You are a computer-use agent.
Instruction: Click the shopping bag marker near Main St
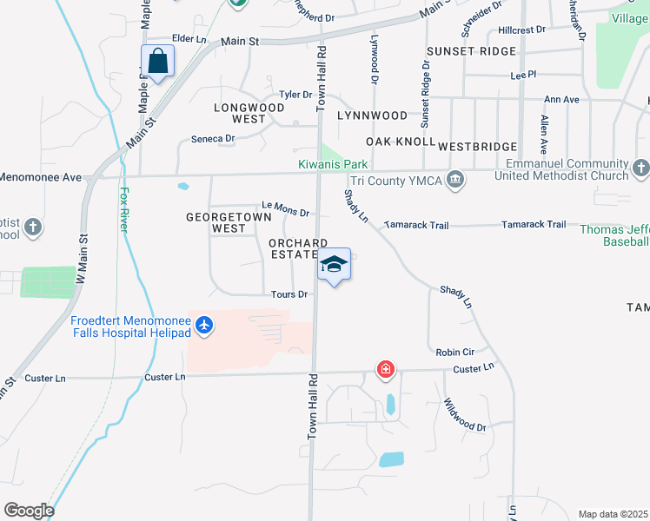[157, 63]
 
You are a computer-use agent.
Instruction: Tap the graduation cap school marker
[335, 265]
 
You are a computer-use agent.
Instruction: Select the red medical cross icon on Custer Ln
[386, 370]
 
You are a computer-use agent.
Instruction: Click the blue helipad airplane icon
[204, 325]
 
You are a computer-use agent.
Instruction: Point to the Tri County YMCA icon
[454, 180]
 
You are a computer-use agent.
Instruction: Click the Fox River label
[124, 209]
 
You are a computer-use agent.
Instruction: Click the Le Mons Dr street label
[287, 208]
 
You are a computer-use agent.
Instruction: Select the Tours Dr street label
[289, 294]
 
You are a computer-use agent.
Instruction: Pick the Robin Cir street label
[456, 353]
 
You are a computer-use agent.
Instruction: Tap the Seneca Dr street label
[213, 138]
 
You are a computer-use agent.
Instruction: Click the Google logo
[29, 511]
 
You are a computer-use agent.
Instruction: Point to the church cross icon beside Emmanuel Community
[641, 167]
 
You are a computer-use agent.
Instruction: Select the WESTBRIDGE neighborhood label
[478, 147]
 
